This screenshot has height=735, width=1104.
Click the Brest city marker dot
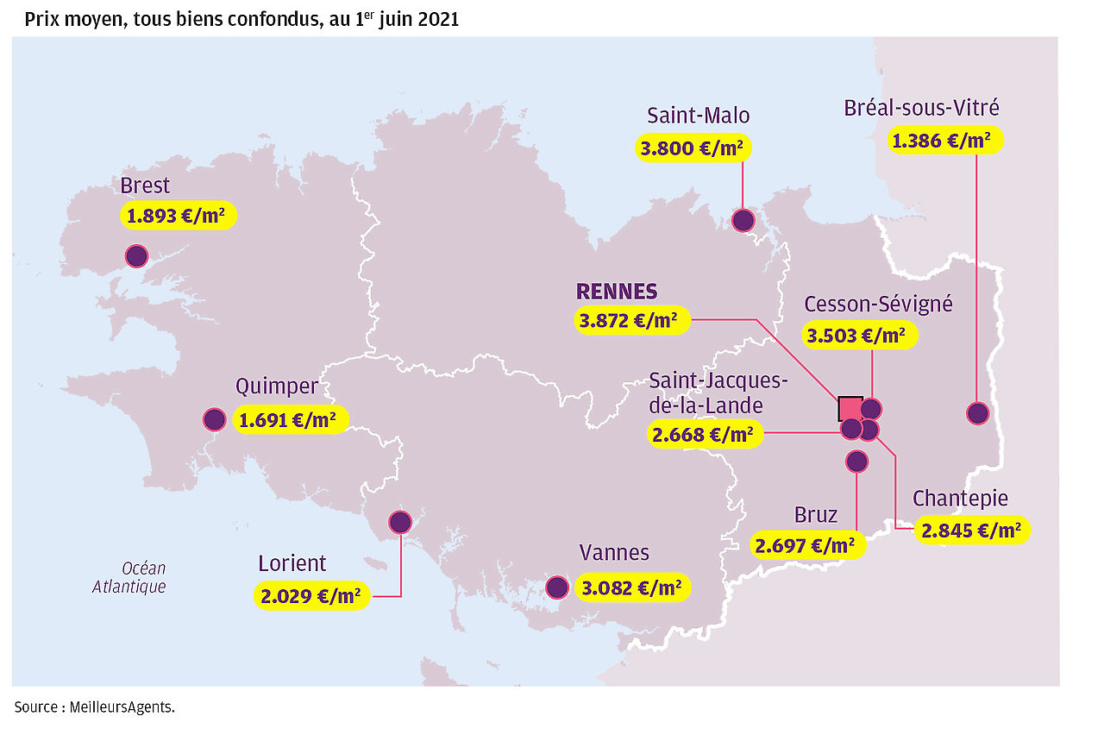click(x=136, y=255)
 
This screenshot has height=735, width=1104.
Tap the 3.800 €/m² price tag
click(x=693, y=148)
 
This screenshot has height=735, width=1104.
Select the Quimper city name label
click(x=277, y=386)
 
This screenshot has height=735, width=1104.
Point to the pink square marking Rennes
click(x=850, y=408)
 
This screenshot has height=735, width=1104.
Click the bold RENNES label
click(x=617, y=292)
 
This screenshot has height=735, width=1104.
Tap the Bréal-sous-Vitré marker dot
click(x=977, y=413)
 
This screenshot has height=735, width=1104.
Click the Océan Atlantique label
click(x=129, y=578)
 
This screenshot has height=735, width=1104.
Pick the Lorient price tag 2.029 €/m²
click(x=312, y=595)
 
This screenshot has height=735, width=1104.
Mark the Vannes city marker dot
click(x=558, y=587)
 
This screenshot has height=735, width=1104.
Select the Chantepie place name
click(x=960, y=499)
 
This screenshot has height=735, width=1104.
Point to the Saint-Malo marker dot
click(x=743, y=221)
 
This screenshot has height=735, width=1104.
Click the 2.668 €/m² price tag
click(x=703, y=435)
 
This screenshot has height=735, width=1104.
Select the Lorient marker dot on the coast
click(x=400, y=521)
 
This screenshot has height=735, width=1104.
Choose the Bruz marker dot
click(x=856, y=462)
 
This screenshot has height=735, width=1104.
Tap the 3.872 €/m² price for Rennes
click(x=631, y=320)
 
